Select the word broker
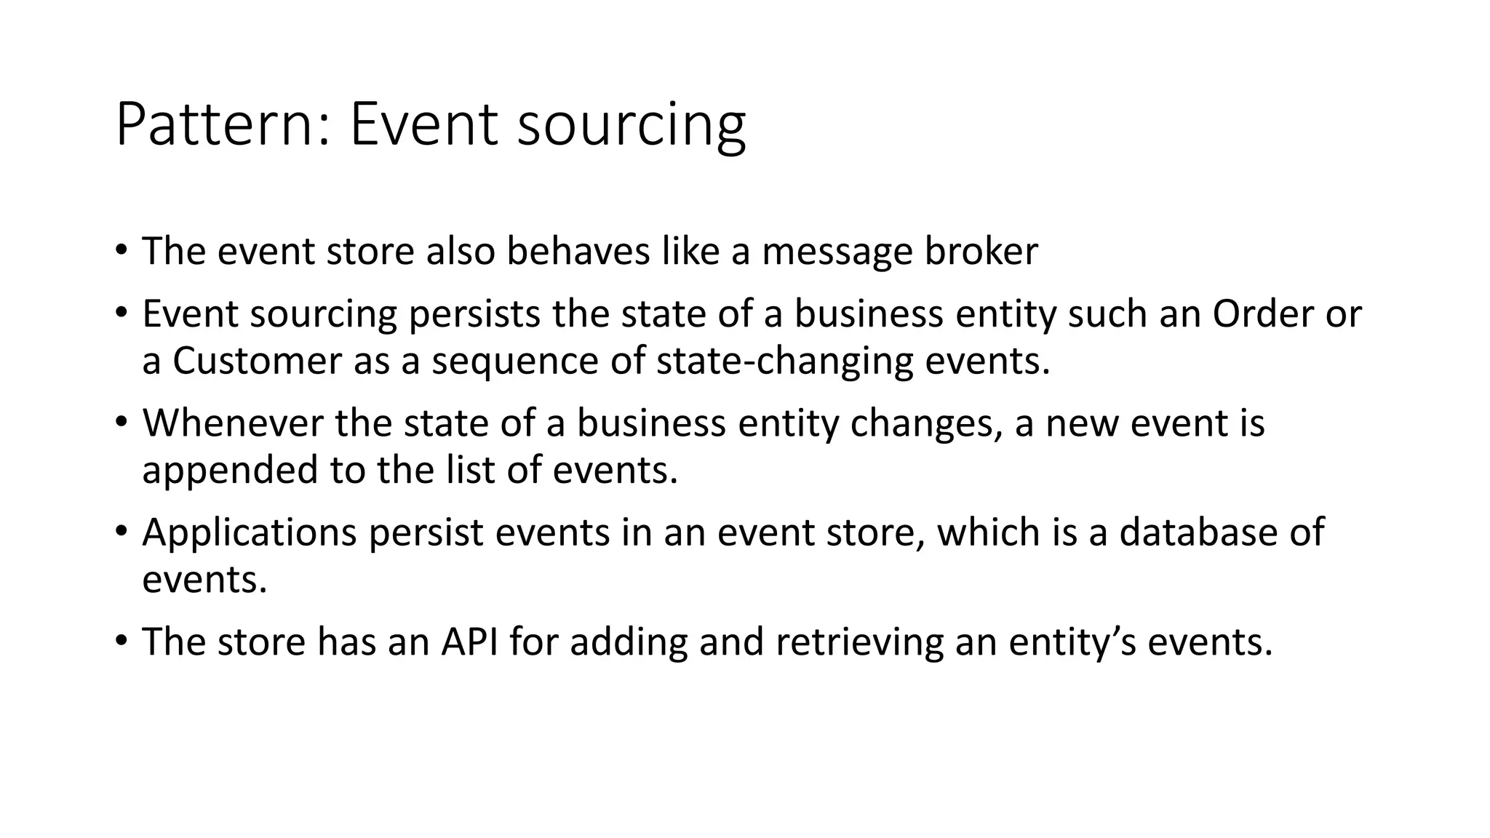(981, 251)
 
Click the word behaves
(578, 251)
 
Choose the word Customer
(257, 361)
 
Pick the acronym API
(469, 642)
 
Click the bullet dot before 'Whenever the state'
(121, 421)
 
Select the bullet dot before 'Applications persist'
(121, 530)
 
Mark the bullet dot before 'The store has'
(121, 640)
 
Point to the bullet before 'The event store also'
(121, 250)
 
